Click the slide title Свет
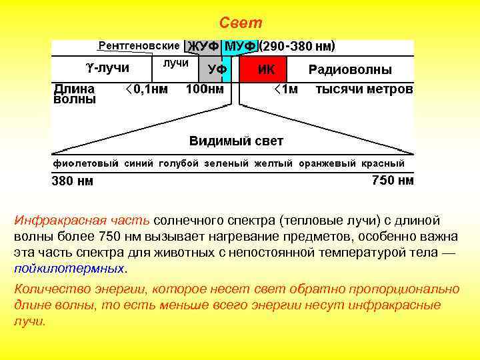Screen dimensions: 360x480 tap(241, 23)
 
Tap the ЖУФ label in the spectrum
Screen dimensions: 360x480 tap(203, 47)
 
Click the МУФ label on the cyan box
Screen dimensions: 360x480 tap(241, 47)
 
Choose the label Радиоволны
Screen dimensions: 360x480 tap(350, 69)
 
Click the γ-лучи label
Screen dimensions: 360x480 tap(107, 67)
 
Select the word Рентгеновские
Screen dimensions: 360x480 tap(139, 46)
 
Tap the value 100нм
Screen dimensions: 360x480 tap(205, 89)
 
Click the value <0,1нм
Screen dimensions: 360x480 tap(147, 89)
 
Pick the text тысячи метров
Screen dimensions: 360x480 tap(364, 89)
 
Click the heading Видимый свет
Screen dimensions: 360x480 tap(236, 141)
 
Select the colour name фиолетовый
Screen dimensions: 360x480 tap(86, 163)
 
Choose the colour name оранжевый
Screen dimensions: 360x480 tap(327, 163)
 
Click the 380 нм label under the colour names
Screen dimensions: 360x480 tap(73, 181)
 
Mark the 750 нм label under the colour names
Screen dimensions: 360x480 tap(392, 181)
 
